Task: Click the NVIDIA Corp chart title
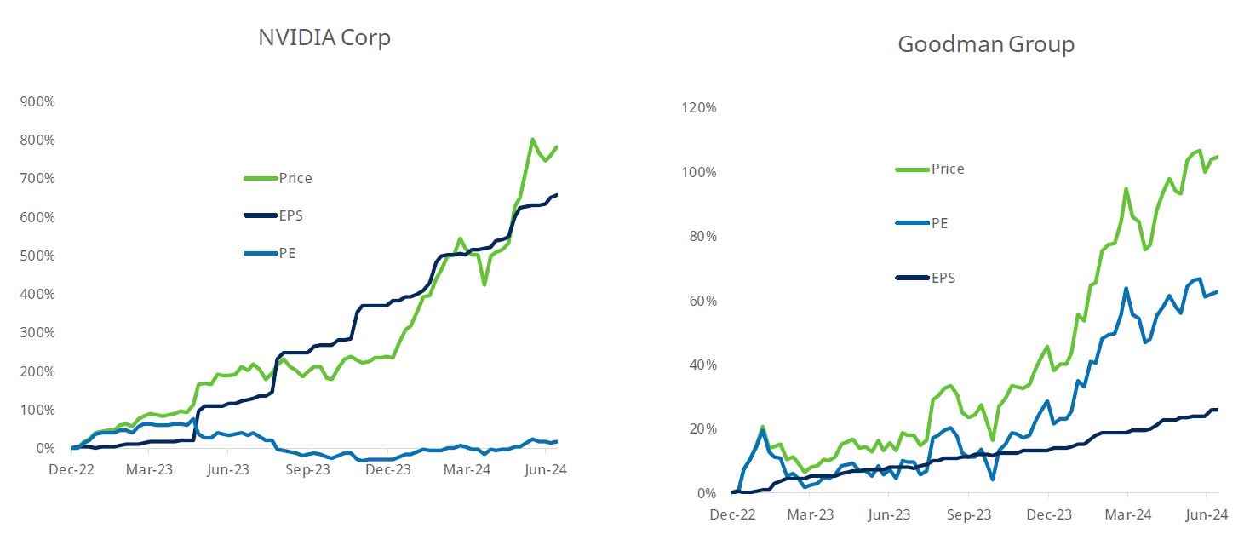click(x=324, y=38)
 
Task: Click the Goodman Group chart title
click(x=986, y=44)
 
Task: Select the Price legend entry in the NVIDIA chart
click(x=295, y=178)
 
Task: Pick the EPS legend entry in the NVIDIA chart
click(x=290, y=215)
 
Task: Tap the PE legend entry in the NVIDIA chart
click(x=287, y=253)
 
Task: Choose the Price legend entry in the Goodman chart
click(x=947, y=169)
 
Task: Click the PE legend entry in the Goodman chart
click(x=939, y=223)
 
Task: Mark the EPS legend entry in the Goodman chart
click(x=943, y=278)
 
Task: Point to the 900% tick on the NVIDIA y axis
click(x=37, y=101)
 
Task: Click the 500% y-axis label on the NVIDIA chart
click(x=37, y=256)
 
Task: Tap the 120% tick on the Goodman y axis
click(x=697, y=108)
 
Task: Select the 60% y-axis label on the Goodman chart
click(x=701, y=301)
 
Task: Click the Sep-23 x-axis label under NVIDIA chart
click(x=307, y=469)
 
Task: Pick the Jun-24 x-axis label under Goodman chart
click(x=1206, y=514)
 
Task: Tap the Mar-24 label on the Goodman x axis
click(x=1127, y=514)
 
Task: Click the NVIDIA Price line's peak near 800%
click(x=532, y=140)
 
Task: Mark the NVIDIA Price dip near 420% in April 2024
click(x=484, y=284)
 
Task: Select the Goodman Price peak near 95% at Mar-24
click(x=1126, y=189)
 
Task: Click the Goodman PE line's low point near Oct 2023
click(x=993, y=480)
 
